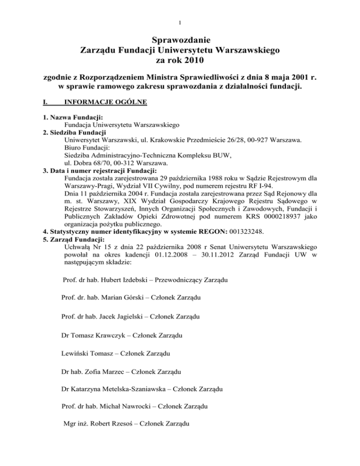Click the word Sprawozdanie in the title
pos(180,39)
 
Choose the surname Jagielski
pos(126,316)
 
